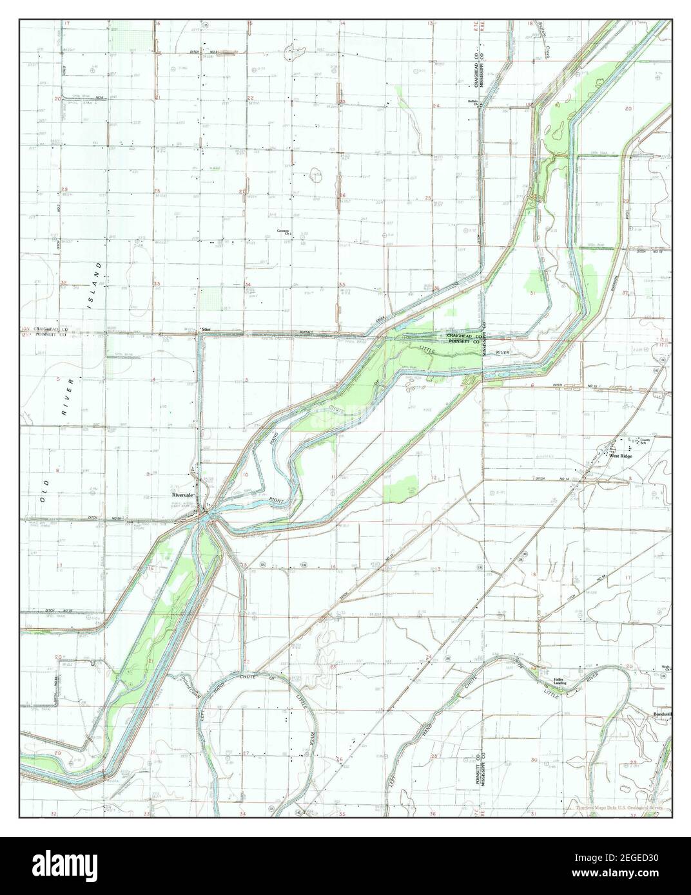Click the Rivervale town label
[x=182, y=495]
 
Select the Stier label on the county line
[x=206, y=330]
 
